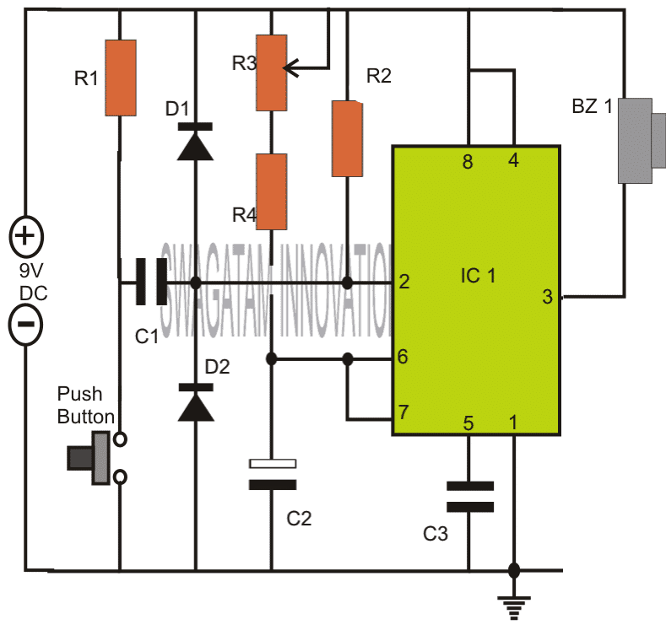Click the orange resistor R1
click(x=120, y=78)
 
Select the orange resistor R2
click(x=346, y=138)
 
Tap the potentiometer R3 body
click(x=271, y=73)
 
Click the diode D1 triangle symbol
click(x=195, y=143)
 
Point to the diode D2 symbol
click(x=195, y=401)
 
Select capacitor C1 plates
click(x=150, y=282)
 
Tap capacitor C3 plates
click(x=469, y=497)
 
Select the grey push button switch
click(x=94, y=458)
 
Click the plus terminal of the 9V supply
click(x=24, y=235)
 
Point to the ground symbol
click(x=513, y=602)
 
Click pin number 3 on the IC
click(x=547, y=297)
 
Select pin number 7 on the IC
click(x=403, y=413)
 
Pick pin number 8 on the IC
click(x=467, y=162)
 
